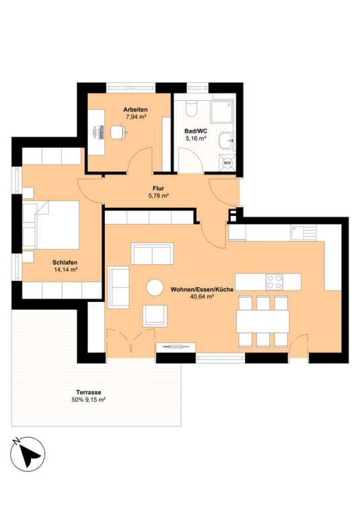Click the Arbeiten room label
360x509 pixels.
point(135,110)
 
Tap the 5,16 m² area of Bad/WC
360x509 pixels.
point(196,139)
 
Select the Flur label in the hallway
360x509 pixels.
point(159,188)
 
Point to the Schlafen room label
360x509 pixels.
point(65,263)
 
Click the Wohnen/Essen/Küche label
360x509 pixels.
point(202,289)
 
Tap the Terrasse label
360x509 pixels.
point(89,393)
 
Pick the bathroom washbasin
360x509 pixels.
point(226,141)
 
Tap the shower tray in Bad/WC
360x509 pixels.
point(222,112)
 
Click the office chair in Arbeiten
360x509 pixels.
point(118,132)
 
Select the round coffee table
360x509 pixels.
point(155,287)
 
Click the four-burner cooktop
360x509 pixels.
point(274,282)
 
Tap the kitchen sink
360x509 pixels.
point(303,233)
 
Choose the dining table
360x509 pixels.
point(263,321)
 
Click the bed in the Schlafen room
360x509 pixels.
point(51,225)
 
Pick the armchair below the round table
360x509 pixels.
point(155,315)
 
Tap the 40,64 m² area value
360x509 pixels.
point(202,297)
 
